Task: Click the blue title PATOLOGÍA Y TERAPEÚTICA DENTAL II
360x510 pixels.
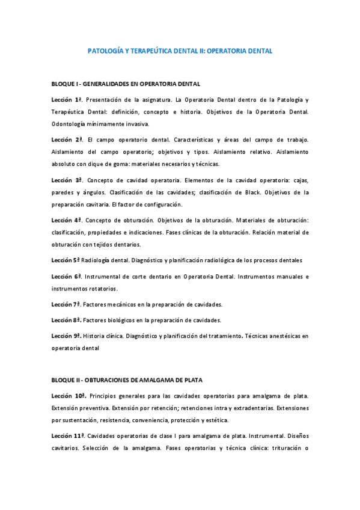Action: [180, 52]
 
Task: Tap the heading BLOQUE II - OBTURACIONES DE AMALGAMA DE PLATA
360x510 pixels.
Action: [127, 380]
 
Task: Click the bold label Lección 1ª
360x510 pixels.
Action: [67, 99]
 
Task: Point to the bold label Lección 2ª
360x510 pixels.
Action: [67, 140]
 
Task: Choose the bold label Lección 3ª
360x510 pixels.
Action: [67, 180]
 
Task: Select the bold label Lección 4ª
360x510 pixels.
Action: [67, 220]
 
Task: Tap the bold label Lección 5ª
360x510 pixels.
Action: [66, 260]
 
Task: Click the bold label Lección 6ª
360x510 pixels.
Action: [67, 276]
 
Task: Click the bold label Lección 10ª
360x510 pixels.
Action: [69, 396]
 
